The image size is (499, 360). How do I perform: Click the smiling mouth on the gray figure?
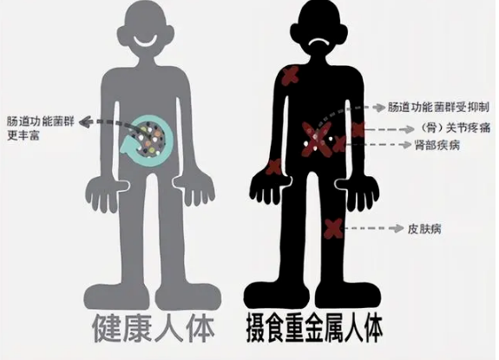click(x=145, y=43)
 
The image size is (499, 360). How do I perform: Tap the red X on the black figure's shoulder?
click(x=290, y=75)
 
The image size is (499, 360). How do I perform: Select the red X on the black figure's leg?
click(x=333, y=228)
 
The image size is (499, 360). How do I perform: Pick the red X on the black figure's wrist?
click(x=273, y=167)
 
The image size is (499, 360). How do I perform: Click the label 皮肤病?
click(x=424, y=229)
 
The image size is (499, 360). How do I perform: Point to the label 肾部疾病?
click(x=437, y=145)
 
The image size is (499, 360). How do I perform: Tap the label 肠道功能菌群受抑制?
click(x=438, y=108)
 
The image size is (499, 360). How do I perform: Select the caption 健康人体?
click(x=154, y=328)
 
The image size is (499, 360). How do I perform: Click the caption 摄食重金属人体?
click(x=314, y=328)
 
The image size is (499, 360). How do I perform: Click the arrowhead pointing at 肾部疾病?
click(x=406, y=145)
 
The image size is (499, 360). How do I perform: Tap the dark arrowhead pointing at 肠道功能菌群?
click(x=85, y=121)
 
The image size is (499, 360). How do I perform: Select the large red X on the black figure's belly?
click(x=318, y=139)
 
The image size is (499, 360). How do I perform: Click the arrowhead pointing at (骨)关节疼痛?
click(x=409, y=129)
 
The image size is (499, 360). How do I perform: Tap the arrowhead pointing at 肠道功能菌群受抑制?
click(x=379, y=108)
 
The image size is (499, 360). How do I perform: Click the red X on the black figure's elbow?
click(x=358, y=129)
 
